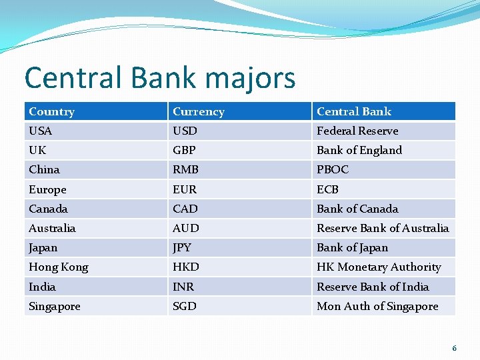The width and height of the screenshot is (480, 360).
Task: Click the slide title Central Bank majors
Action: pos(159,77)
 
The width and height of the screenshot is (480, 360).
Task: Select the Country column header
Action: pos(52,111)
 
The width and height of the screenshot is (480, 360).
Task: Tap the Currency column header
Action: pos(198,111)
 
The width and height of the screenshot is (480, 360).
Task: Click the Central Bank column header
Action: pos(354,111)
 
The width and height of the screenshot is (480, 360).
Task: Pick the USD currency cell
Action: pos(185,131)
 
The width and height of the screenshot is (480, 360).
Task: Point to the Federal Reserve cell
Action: pos(357,131)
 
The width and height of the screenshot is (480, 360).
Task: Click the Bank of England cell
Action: pos(359,150)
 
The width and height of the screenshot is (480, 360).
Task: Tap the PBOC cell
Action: pos(333,169)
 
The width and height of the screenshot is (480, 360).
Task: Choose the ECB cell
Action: pos(327,189)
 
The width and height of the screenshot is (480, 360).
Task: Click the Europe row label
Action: pos(47,189)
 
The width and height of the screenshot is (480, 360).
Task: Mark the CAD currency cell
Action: pos(185,209)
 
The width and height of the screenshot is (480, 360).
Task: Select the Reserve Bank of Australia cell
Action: pos(383,228)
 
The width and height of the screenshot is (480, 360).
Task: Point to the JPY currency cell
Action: pos(182,247)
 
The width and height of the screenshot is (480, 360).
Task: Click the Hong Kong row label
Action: pos(59,267)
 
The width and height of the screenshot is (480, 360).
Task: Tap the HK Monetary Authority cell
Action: pos(379,267)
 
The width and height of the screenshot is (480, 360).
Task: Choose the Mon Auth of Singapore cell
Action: pos(377,306)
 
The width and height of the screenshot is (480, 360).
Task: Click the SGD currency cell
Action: pos(185,306)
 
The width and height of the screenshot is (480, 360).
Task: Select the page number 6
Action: pos(455,348)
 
